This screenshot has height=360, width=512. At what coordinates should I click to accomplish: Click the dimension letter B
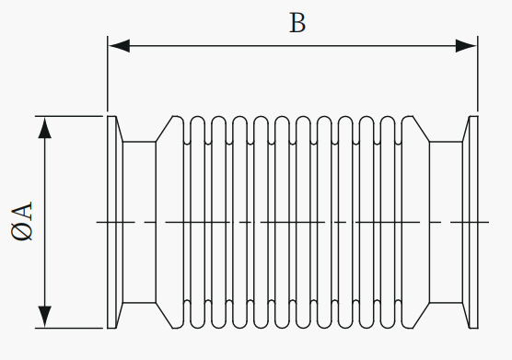pos(297,23)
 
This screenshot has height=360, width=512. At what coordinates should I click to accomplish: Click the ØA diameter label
pos(22,221)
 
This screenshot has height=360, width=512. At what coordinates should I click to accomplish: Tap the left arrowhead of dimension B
pos(119,46)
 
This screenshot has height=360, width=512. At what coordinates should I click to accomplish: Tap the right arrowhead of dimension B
pos(466,46)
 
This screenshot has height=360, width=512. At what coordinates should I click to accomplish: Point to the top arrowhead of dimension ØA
pos(45,127)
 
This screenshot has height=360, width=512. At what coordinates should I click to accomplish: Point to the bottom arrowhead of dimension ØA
pos(45,317)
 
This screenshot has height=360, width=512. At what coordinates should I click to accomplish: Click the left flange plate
pos(111,222)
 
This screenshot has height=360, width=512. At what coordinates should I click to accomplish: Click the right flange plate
pos(474,222)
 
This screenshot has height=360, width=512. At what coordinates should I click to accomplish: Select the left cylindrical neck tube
pos(139,222)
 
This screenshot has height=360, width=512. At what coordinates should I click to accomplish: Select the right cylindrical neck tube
pos(446,222)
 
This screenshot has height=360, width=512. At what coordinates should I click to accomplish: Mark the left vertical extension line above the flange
pos(108,74)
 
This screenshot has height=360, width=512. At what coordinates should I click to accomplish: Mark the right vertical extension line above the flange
pos(478,74)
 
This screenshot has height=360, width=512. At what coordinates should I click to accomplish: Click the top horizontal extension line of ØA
pos(69,116)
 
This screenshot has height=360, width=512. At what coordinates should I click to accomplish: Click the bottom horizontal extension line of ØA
pos(69,328)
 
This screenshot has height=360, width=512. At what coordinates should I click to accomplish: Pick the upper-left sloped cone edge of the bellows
pos(164,129)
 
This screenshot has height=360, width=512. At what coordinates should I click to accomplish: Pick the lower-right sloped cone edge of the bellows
pos(421,315)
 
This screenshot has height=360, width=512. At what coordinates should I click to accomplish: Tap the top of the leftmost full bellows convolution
pos(198,117)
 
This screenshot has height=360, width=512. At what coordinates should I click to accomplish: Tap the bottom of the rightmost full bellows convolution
pos(388,328)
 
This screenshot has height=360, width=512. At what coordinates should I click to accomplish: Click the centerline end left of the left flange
pos(97,222)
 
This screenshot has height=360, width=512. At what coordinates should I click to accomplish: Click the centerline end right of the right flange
pos(488,222)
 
